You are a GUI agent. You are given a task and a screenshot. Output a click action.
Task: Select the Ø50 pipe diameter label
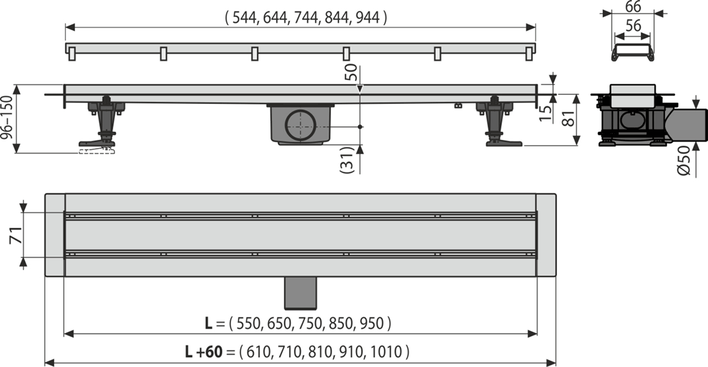point(683,159)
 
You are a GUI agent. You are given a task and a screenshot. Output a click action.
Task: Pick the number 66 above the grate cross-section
point(632,7)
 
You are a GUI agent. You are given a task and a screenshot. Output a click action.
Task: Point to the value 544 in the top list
point(244,18)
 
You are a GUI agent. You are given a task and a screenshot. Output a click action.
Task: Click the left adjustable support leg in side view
point(103,124)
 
